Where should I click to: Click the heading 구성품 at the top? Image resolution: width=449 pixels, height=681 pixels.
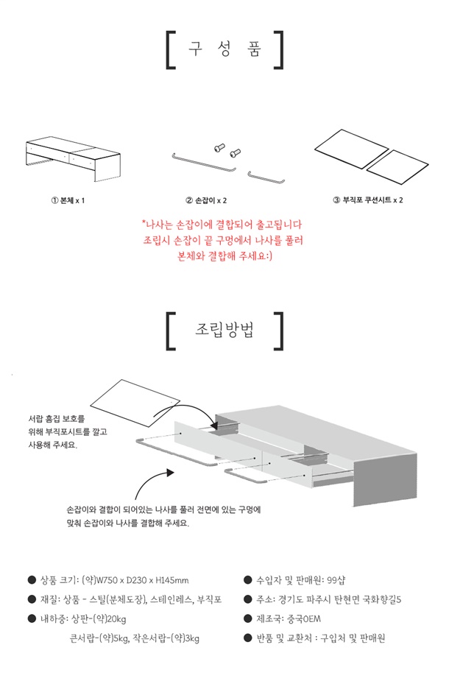(x=224, y=49)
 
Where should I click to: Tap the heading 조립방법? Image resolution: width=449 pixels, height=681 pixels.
(x=224, y=330)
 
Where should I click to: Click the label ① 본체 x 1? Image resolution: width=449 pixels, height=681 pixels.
(x=68, y=201)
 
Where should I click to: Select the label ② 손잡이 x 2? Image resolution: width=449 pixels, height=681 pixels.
(x=206, y=201)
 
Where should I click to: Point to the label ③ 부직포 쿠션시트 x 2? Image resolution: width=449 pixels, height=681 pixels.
(x=368, y=200)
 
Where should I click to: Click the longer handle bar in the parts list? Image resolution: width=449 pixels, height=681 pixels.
(x=204, y=163)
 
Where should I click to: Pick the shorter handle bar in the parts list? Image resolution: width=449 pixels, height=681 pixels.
(x=266, y=178)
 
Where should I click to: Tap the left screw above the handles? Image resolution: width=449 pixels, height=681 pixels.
(x=219, y=148)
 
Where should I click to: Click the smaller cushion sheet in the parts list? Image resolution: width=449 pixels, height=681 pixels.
(x=397, y=167)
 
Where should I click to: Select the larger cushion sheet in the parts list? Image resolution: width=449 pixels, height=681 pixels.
(x=351, y=149)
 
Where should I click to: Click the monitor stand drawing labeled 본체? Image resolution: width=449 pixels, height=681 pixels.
(x=73, y=158)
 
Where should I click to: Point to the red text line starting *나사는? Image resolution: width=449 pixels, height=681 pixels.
(x=222, y=225)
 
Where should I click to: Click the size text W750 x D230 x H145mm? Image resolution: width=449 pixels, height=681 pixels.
(x=142, y=580)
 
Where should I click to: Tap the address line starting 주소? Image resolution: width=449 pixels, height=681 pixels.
(x=329, y=600)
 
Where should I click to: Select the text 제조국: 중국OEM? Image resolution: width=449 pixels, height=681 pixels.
(x=289, y=619)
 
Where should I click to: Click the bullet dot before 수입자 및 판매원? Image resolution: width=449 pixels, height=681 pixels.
(x=248, y=580)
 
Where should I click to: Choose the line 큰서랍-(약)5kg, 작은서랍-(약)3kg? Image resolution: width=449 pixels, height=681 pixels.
(x=135, y=638)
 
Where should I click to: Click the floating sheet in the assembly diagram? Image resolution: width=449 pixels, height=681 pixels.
(x=135, y=402)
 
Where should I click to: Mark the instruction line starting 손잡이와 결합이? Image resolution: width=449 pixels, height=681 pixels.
(x=163, y=510)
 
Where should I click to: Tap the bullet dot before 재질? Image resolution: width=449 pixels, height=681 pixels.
(x=32, y=600)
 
